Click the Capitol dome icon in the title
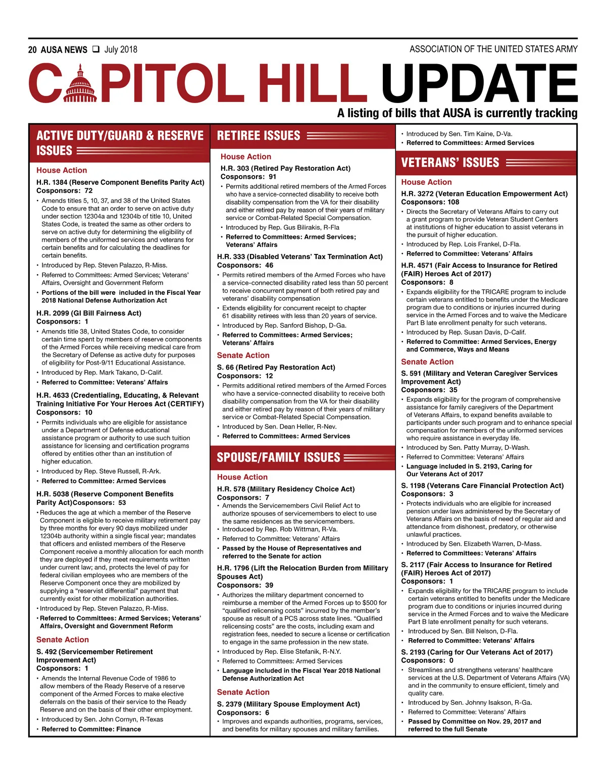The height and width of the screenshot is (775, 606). click(x=80, y=83)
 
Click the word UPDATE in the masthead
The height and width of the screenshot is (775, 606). click(x=479, y=84)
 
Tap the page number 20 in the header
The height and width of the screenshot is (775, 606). click(x=32, y=49)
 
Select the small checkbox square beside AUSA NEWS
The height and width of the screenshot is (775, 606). click(x=96, y=49)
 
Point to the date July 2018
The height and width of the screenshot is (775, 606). click(x=121, y=49)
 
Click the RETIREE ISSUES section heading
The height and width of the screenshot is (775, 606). click(x=258, y=136)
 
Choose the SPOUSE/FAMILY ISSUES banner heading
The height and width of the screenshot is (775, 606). click(x=278, y=457)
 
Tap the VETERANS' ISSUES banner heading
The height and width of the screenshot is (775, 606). click(x=449, y=163)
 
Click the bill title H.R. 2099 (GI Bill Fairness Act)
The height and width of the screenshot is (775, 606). click(x=89, y=313)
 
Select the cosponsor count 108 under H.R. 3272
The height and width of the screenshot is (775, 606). click(x=453, y=202)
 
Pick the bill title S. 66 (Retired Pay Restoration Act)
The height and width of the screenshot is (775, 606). click(x=276, y=367)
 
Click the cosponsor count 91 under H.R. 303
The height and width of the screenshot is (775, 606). click(x=272, y=177)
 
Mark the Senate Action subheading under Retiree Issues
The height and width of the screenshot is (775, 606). click(x=243, y=355)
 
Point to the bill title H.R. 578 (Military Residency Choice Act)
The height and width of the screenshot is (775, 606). click(x=286, y=489)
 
